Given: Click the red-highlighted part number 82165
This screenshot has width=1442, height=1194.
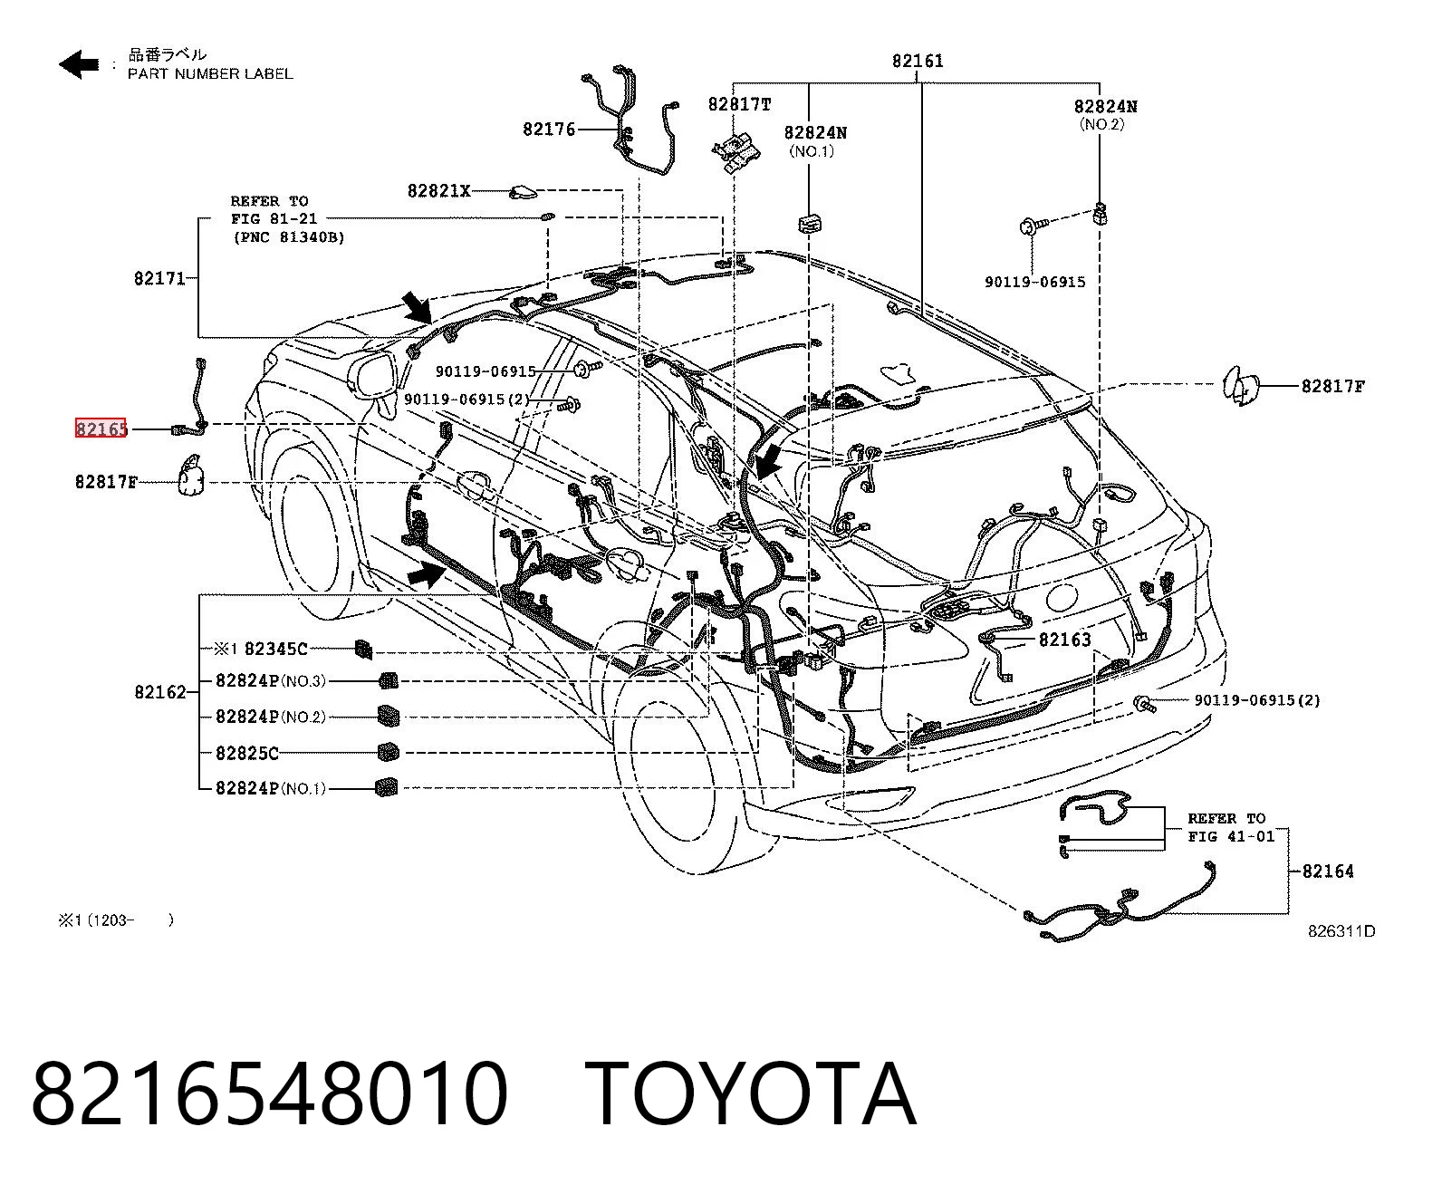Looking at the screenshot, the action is click(x=101, y=428).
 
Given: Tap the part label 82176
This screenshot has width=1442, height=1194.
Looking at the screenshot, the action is click(x=549, y=130).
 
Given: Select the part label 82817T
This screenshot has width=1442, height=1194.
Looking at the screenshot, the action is click(x=740, y=104).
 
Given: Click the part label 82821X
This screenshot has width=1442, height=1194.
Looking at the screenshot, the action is click(x=438, y=191).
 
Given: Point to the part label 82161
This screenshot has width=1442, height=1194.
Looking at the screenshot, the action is click(x=918, y=61).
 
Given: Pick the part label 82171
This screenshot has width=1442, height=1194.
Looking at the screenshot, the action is click(x=159, y=278).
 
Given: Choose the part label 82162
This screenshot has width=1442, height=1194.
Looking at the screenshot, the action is click(x=160, y=691).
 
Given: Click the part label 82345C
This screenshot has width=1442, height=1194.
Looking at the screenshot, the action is click(x=275, y=648).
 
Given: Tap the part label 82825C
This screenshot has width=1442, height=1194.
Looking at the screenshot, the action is click(x=246, y=753).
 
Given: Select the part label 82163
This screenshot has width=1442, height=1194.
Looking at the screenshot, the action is click(x=1065, y=640).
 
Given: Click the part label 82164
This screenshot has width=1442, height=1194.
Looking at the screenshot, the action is click(x=1327, y=871).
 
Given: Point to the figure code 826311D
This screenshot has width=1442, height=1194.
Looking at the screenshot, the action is click(x=1341, y=931).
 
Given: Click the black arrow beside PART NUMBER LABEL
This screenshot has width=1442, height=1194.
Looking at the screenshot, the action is click(x=79, y=64).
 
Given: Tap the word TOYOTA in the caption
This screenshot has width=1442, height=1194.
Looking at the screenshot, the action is click(x=752, y=1093).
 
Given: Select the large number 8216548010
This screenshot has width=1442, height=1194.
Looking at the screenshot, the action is click(x=270, y=1093).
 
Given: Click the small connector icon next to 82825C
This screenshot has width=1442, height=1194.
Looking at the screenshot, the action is click(x=388, y=752).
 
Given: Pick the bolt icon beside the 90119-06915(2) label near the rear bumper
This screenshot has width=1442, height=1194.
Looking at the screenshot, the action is click(x=1144, y=704).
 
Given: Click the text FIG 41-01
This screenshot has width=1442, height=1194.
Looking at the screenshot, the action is click(x=1231, y=836).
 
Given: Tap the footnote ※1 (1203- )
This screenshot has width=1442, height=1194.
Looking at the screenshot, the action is click(x=116, y=920).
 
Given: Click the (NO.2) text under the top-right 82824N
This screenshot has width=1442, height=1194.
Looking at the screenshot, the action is click(x=1101, y=124).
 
